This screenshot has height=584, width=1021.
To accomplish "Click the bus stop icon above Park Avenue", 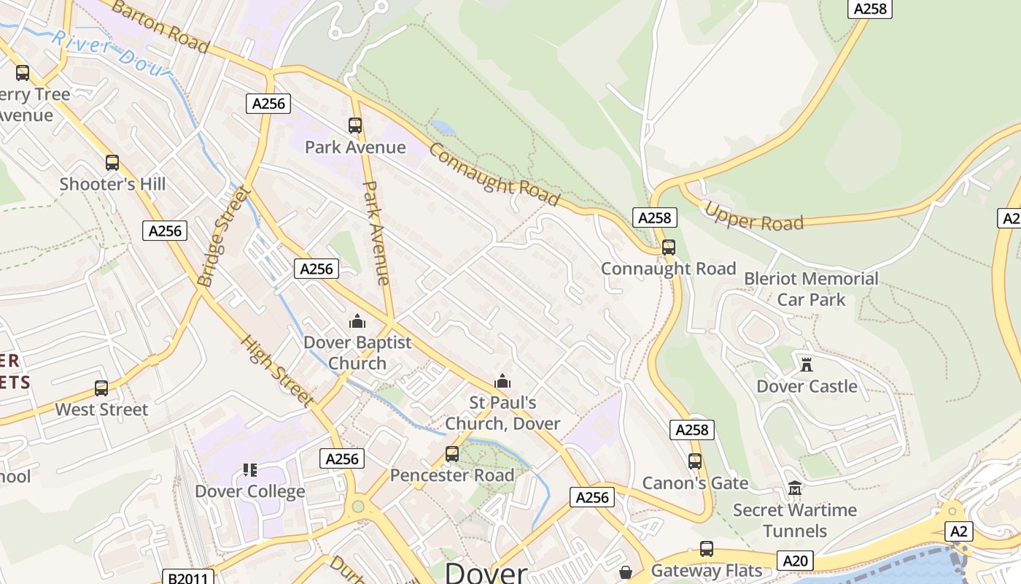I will (x=355, y=126).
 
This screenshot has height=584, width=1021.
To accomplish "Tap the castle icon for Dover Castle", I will (x=807, y=364).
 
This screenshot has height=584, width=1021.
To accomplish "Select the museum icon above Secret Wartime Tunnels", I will (x=795, y=488).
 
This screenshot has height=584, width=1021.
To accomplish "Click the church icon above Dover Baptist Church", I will (x=357, y=320).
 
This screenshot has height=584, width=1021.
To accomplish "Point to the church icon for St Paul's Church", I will (x=502, y=380).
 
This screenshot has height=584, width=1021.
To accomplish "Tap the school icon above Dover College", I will (x=250, y=469).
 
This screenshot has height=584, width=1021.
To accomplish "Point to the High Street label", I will (x=278, y=372).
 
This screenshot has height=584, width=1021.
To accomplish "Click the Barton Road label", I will (x=160, y=27).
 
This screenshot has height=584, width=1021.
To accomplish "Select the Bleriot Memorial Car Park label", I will (x=811, y=289).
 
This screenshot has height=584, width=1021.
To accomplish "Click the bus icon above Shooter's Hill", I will (x=112, y=163).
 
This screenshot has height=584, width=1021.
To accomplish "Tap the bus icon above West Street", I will (x=101, y=388).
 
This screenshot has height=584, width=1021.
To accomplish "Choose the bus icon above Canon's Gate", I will (x=695, y=461).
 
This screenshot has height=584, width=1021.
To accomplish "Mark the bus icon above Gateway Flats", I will (x=706, y=549).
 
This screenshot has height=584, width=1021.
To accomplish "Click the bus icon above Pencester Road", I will (x=452, y=454).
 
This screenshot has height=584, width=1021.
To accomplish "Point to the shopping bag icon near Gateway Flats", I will (x=626, y=571).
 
